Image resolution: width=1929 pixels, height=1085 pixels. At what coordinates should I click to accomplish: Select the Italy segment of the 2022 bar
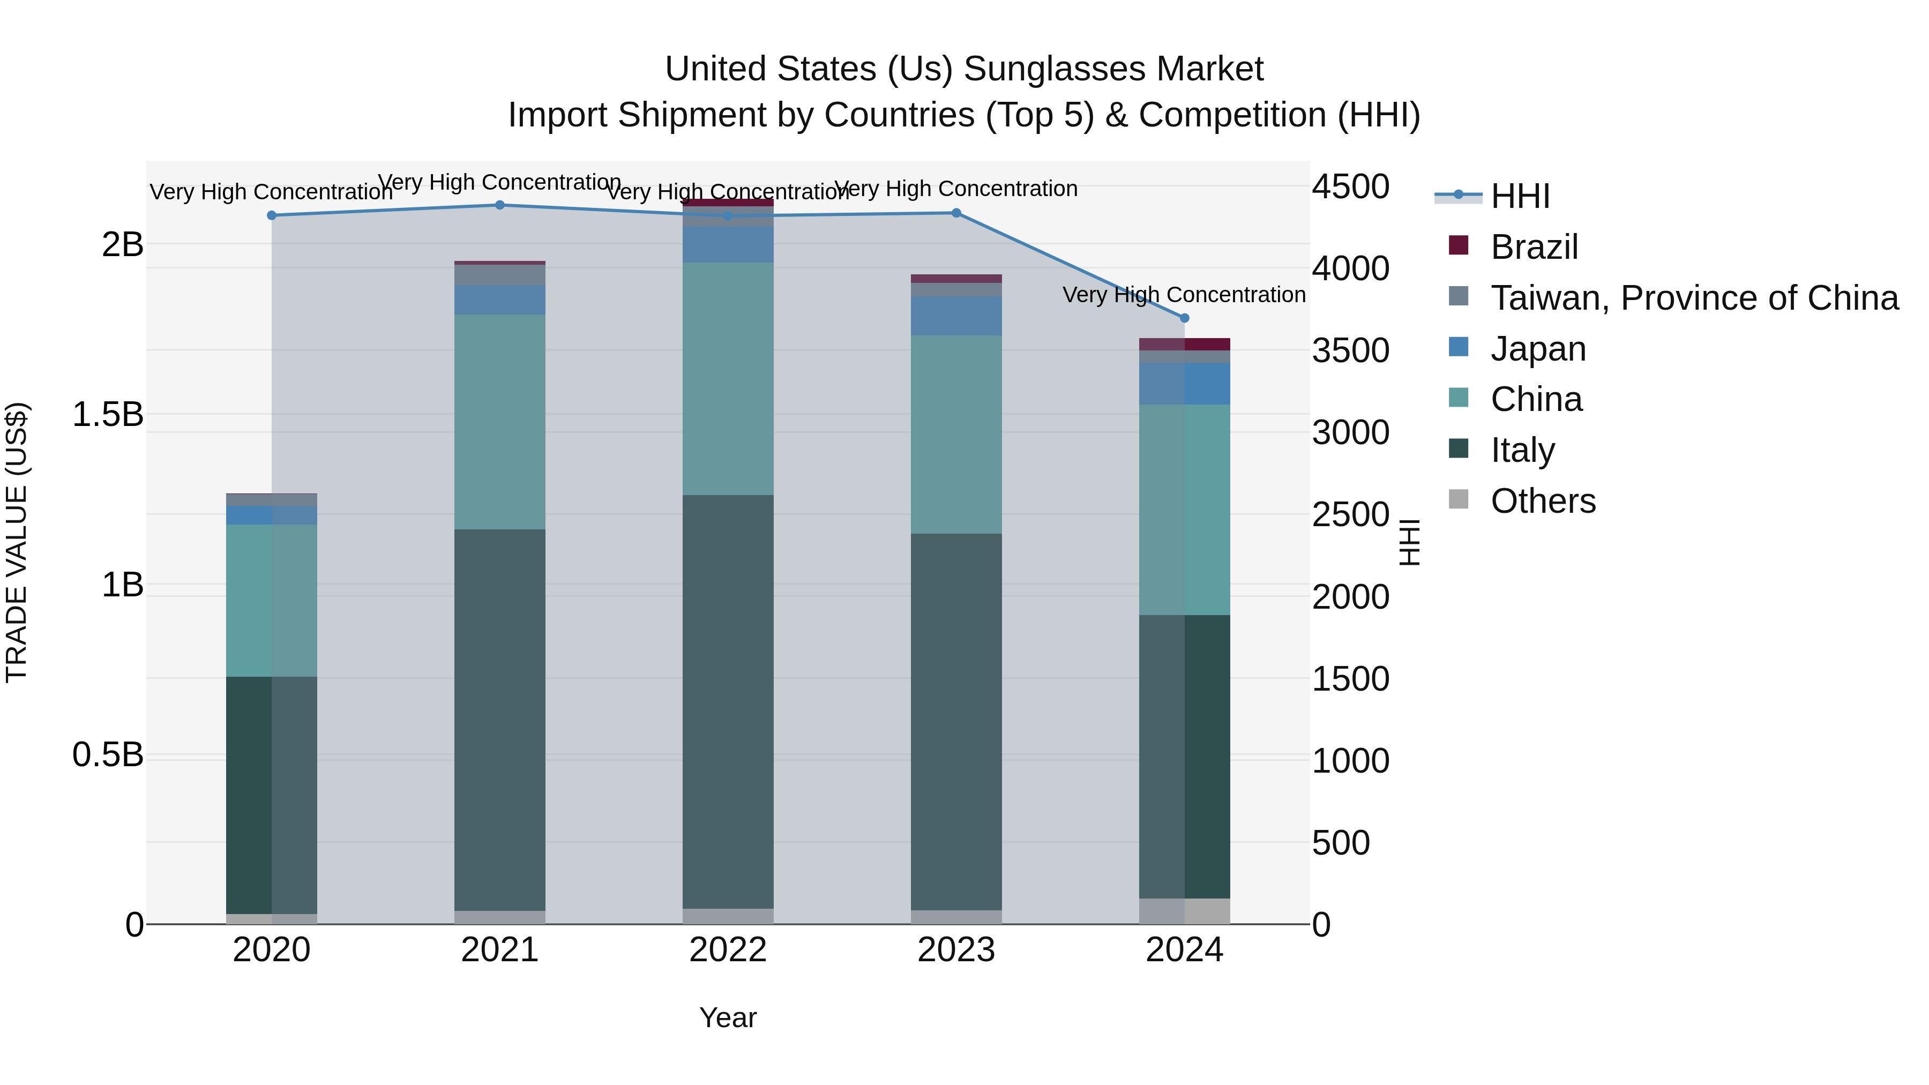coord(728,701)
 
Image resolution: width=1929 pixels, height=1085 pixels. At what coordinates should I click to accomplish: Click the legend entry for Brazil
coord(1534,247)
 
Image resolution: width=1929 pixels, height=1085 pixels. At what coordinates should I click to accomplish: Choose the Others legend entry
coord(1543,501)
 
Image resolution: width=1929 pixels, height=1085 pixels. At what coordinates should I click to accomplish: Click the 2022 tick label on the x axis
coord(728,950)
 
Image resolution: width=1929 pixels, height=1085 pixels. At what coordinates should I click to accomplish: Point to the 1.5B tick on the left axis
coord(107,415)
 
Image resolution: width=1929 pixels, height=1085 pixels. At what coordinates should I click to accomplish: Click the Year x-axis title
coord(728,1017)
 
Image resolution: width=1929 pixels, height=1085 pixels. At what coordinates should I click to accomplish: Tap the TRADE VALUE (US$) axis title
coord(17,542)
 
